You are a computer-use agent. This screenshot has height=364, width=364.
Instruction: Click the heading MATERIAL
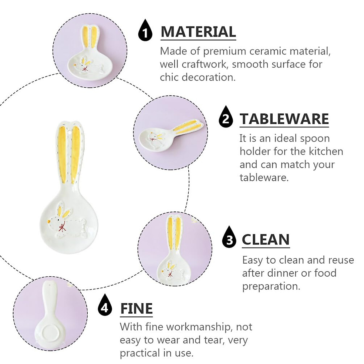point(198,32)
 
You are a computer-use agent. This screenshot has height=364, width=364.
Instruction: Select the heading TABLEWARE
point(284,119)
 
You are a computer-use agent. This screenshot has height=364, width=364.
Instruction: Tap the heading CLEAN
point(266,240)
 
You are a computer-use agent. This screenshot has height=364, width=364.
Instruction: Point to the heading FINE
point(136,308)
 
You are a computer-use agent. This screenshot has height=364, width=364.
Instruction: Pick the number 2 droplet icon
point(226,117)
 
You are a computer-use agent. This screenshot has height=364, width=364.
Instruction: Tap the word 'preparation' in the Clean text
point(271,286)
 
